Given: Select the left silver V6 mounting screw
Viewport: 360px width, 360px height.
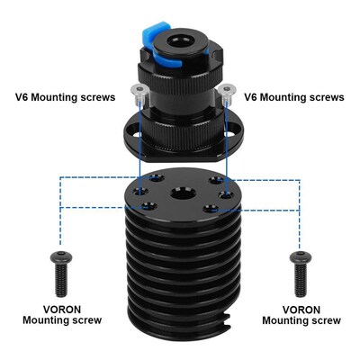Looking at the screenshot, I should (137, 91).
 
